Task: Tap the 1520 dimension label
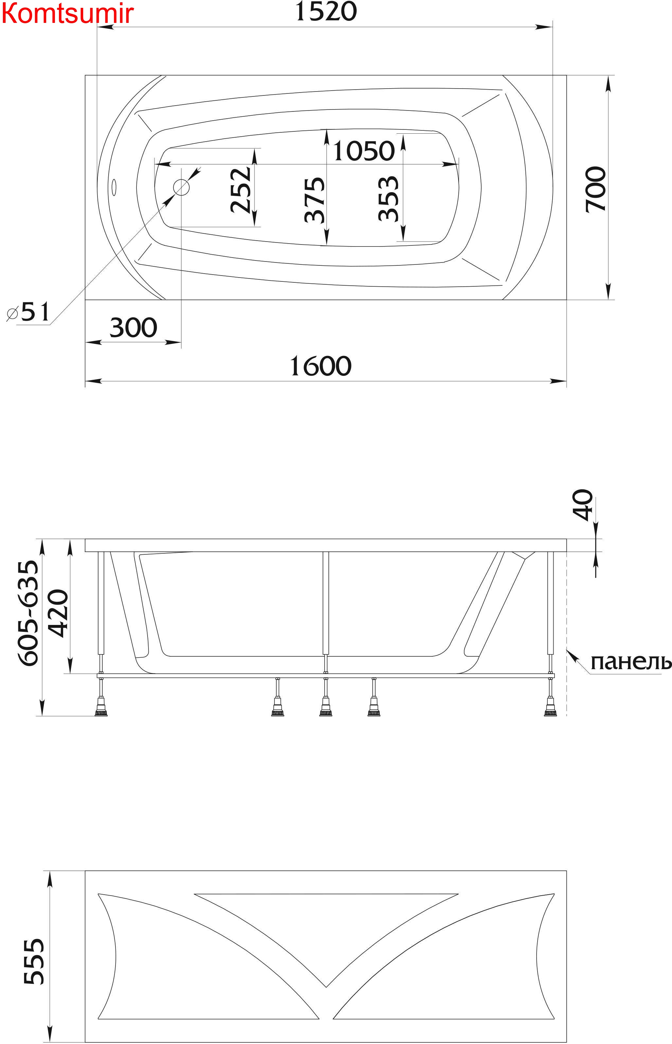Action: pyautogui.click(x=326, y=12)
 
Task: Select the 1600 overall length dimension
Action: pyautogui.click(x=321, y=366)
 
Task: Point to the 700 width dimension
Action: pyautogui.click(x=596, y=189)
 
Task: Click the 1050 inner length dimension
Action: pyautogui.click(x=364, y=151)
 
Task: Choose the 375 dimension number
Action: pyautogui.click(x=315, y=200)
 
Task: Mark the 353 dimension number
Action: pyautogui.click(x=388, y=199)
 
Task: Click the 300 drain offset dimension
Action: pyautogui.click(x=133, y=328)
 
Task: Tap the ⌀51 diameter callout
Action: pyautogui.click(x=28, y=312)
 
